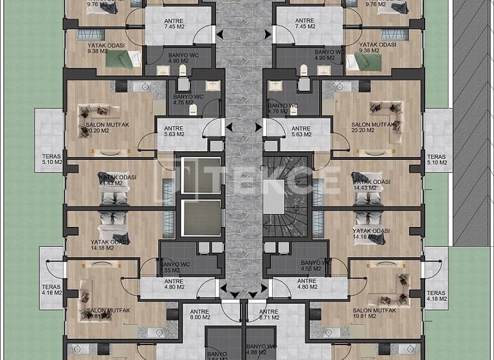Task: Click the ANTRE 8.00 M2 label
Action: [200, 314]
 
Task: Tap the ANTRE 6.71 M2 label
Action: [269, 314]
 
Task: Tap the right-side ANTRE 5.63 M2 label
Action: [301, 131]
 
